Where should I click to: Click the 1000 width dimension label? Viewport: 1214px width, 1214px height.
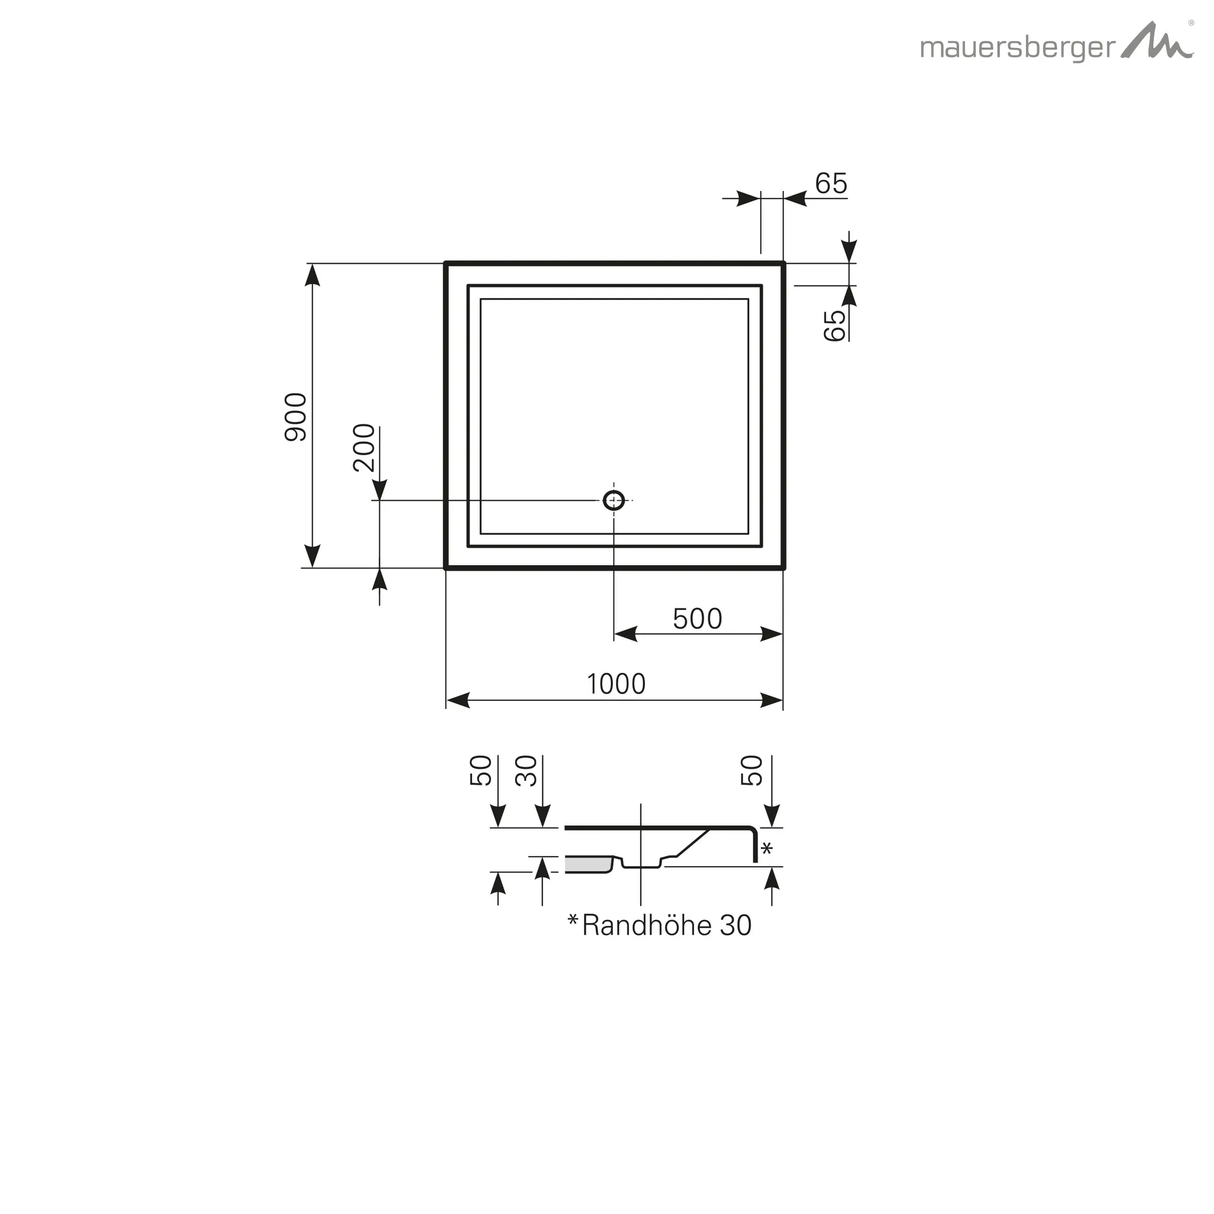point(616,683)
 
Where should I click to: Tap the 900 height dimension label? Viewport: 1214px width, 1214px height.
point(296,417)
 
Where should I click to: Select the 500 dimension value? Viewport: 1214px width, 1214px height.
point(697,619)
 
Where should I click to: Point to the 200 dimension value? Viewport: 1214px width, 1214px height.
point(364,448)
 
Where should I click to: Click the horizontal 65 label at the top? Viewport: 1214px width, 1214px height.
point(830,184)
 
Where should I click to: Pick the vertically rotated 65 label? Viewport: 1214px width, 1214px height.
point(835,325)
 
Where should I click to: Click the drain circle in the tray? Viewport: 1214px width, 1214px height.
point(614,500)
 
